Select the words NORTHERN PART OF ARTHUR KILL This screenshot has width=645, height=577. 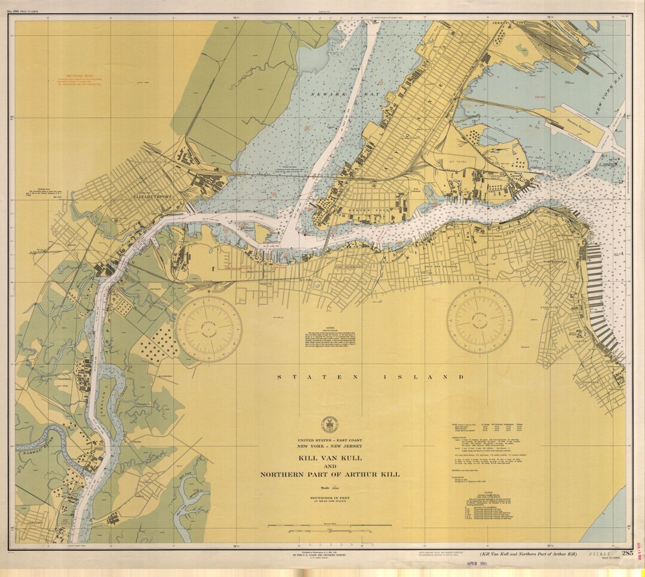(x=330, y=474)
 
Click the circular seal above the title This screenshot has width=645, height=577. (x=329, y=424)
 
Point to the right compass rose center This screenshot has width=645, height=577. (x=480, y=321)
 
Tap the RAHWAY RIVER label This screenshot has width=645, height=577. (x=31, y=443)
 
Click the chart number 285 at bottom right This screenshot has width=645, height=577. (x=626, y=553)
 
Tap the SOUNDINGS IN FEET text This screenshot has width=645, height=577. (x=330, y=497)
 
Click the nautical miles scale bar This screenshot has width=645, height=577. (x=330, y=526)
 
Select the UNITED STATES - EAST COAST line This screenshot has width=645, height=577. (x=330, y=440)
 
